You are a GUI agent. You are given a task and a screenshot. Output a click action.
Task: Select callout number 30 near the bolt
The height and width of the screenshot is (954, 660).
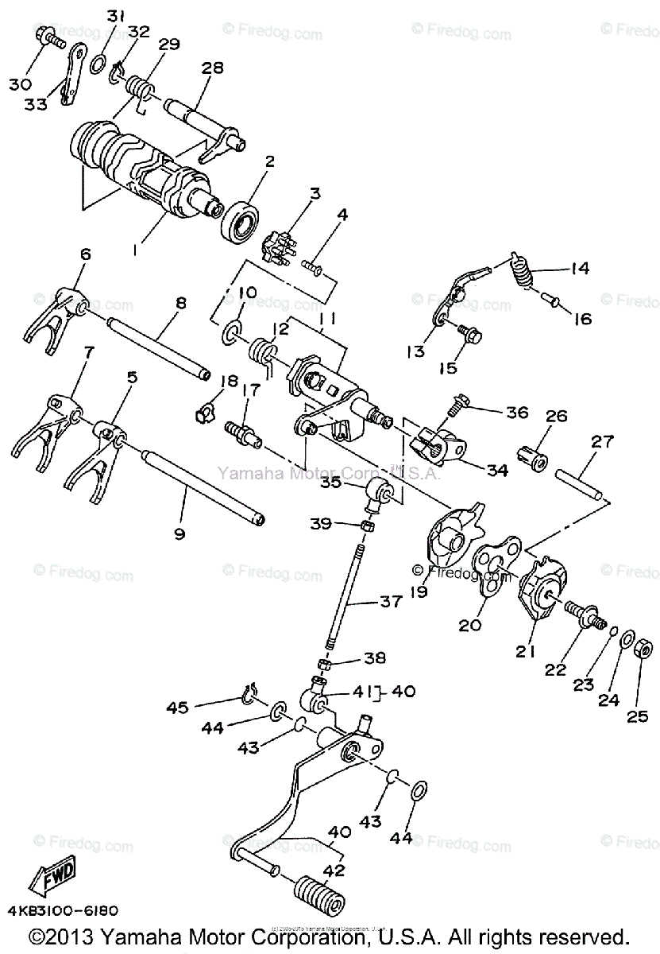click(21, 83)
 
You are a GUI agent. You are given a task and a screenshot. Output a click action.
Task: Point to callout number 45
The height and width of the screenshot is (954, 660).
click(178, 708)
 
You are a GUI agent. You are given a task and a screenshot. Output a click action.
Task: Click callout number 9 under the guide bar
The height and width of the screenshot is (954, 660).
click(179, 534)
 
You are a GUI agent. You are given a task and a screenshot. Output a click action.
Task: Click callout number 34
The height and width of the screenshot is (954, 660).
click(497, 471)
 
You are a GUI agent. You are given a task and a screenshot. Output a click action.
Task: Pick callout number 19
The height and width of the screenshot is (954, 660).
click(419, 592)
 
